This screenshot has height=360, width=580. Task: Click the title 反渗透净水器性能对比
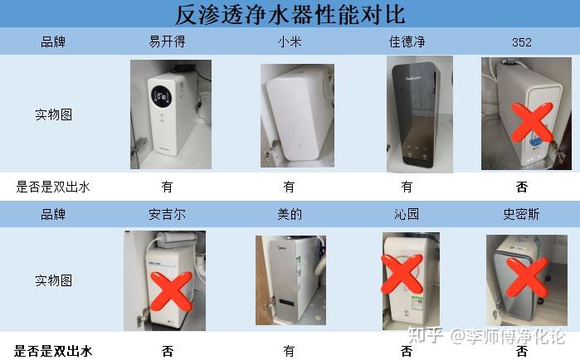coord(290,14)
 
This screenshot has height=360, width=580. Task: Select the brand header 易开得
coord(167,41)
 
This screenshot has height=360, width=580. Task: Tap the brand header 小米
coord(290,41)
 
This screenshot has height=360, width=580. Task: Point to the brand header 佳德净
coord(407,41)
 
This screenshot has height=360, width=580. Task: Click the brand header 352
coord(522,42)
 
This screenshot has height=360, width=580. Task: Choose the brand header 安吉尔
coord(167,214)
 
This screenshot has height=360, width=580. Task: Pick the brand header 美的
coord(290,214)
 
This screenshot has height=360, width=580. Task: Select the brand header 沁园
coord(407,214)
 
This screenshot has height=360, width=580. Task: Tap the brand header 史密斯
coord(522,214)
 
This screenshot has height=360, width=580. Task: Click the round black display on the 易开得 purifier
coord(161,96)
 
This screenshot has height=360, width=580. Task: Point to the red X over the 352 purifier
coord(532,122)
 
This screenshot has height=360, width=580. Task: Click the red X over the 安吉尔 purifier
coord(171,291)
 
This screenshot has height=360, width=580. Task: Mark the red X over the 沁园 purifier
coord(402,274)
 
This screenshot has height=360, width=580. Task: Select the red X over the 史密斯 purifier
coord(527,277)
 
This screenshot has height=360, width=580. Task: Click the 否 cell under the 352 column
coord(522,187)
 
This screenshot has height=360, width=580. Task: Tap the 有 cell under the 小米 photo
coord(290,187)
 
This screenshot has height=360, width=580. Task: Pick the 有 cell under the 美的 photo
coord(290,351)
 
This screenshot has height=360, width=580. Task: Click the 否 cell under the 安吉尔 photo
coord(167,351)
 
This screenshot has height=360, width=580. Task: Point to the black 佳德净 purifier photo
coord(420,114)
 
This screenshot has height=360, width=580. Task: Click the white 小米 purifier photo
coord(297,115)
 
